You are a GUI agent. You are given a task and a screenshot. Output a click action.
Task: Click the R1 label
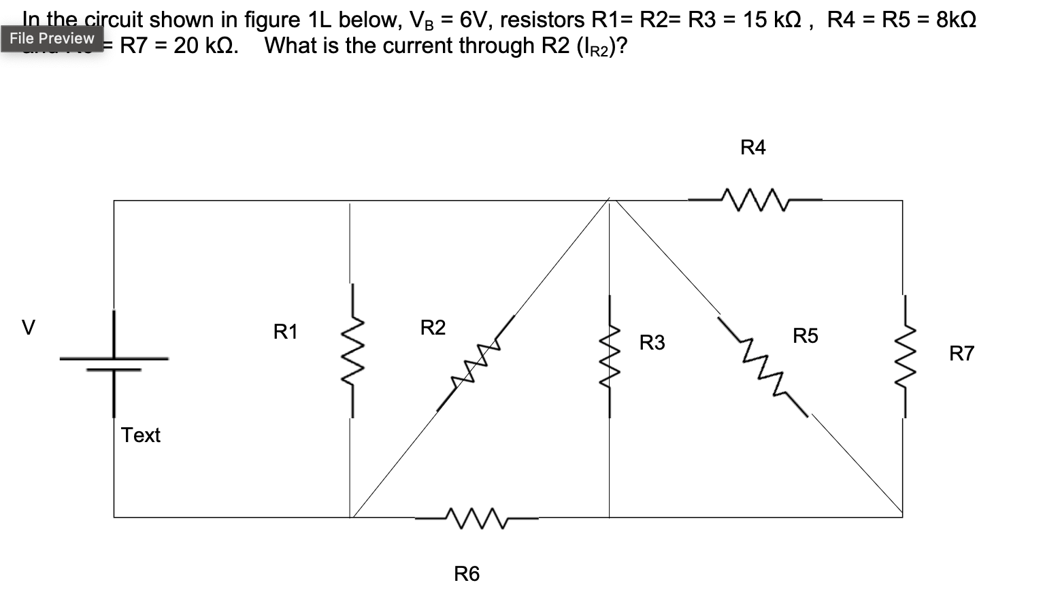(x=285, y=332)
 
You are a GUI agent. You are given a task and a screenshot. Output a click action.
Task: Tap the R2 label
(x=433, y=328)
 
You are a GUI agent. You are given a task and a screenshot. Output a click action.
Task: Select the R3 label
(x=652, y=342)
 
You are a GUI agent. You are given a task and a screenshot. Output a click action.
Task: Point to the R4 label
(x=752, y=148)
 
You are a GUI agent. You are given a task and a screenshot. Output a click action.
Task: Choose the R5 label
(x=805, y=336)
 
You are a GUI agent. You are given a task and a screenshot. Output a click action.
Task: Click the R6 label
(x=467, y=574)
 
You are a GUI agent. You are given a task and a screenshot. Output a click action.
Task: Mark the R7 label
(x=961, y=354)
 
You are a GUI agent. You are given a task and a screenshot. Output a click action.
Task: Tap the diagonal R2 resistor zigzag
(x=474, y=365)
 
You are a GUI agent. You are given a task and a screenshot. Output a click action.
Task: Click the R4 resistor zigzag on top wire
(x=755, y=200)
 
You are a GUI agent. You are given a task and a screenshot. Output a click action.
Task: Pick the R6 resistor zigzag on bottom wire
(x=476, y=518)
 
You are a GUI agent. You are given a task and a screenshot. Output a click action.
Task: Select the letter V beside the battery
(x=27, y=328)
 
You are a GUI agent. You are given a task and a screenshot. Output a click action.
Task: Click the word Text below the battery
(x=140, y=435)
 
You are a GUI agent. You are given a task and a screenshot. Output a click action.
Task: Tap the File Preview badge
(x=52, y=38)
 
